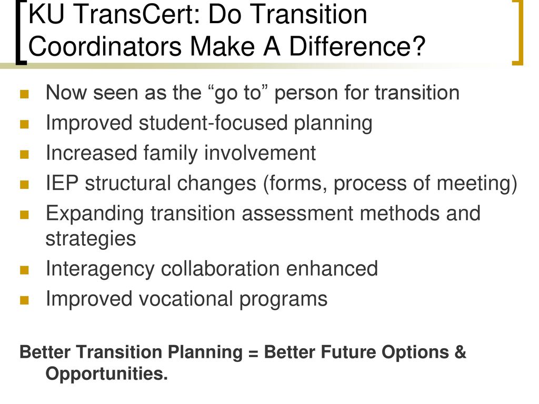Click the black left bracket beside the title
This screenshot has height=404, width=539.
21,32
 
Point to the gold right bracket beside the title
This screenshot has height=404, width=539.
518,32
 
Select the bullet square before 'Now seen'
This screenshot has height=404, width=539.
24,94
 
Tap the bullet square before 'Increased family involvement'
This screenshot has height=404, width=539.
24,154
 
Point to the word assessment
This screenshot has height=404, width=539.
297,214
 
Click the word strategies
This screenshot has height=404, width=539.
91,239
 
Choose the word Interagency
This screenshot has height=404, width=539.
100,269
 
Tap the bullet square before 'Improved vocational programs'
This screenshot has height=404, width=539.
24,300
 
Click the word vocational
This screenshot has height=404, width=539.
186,299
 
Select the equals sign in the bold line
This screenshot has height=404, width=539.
253,353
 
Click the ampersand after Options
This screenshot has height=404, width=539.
460,352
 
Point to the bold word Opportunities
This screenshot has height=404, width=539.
106,374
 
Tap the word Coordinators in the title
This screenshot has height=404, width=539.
105,46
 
